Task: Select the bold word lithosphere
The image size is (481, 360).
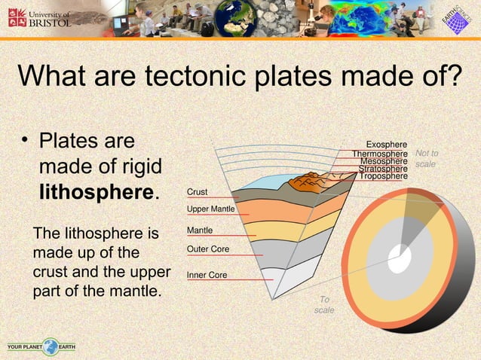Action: [97, 191]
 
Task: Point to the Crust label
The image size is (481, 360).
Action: [197, 193]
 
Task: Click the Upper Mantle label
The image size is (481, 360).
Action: [211, 209]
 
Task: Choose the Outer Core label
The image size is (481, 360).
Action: [207, 249]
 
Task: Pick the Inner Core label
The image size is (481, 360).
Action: [207, 276]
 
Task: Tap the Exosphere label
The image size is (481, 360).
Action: [387, 144]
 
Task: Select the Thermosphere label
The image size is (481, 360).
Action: [380, 154]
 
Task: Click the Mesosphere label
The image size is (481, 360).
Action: [384, 161]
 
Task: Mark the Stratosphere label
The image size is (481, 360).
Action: [382, 169]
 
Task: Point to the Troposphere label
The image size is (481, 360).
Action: [383, 176]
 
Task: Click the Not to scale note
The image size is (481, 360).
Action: [427, 159]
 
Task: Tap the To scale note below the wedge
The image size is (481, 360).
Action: [324, 305]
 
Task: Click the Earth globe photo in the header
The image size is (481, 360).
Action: [234, 18]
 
